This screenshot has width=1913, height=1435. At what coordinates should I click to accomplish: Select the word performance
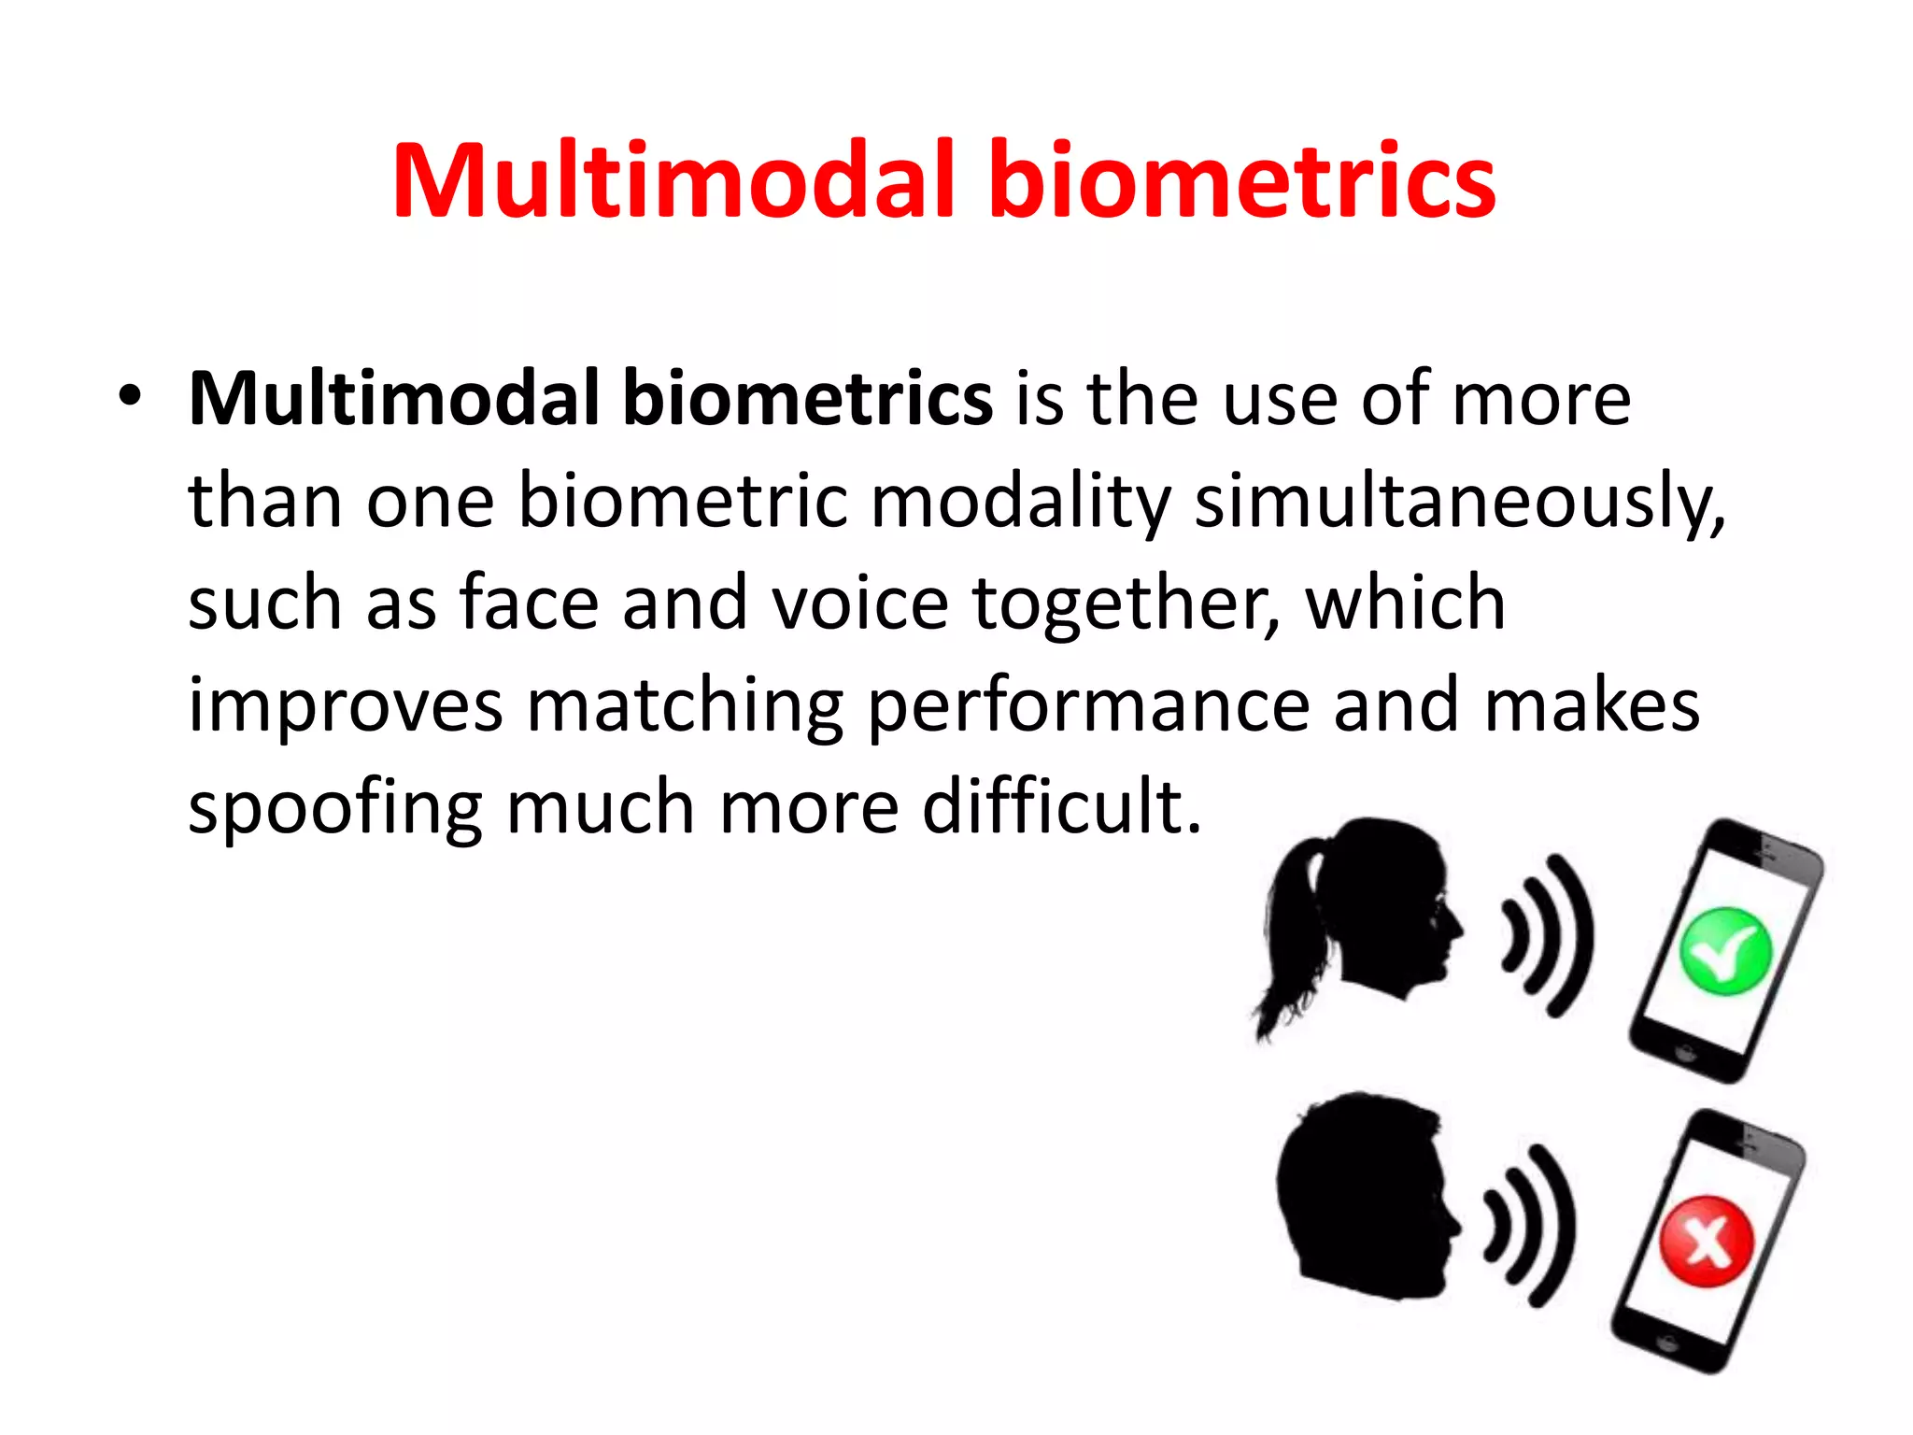point(1088,708)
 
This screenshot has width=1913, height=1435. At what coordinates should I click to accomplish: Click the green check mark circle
point(1724,952)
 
